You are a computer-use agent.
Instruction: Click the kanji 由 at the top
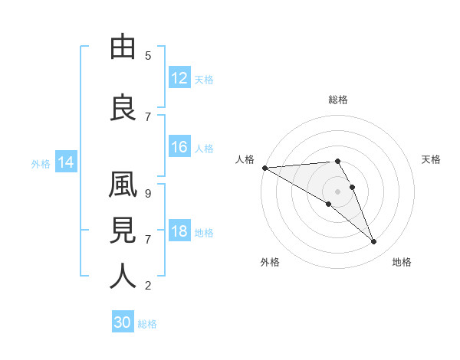click(x=123, y=48)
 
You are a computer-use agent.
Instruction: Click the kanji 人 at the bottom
click(x=123, y=277)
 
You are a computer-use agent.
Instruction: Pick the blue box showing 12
click(x=179, y=77)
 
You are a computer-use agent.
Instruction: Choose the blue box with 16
click(x=179, y=147)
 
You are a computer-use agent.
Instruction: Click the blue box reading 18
click(x=179, y=232)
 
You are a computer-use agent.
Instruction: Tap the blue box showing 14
click(x=65, y=162)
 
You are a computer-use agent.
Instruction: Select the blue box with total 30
click(x=123, y=322)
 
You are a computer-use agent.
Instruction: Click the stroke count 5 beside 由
click(x=148, y=55)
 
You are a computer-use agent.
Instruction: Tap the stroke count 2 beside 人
click(x=148, y=286)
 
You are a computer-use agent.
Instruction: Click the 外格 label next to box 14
click(x=41, y=163)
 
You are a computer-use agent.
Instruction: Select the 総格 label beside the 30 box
click(x=148, y=324)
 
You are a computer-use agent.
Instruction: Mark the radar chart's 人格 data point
click(x=264, y=168)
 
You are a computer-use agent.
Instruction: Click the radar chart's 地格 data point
click(x=374, y=242)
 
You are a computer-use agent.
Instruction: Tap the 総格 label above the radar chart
click(x=338, y=100)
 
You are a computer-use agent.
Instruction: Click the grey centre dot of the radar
click(x=338, y=190)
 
